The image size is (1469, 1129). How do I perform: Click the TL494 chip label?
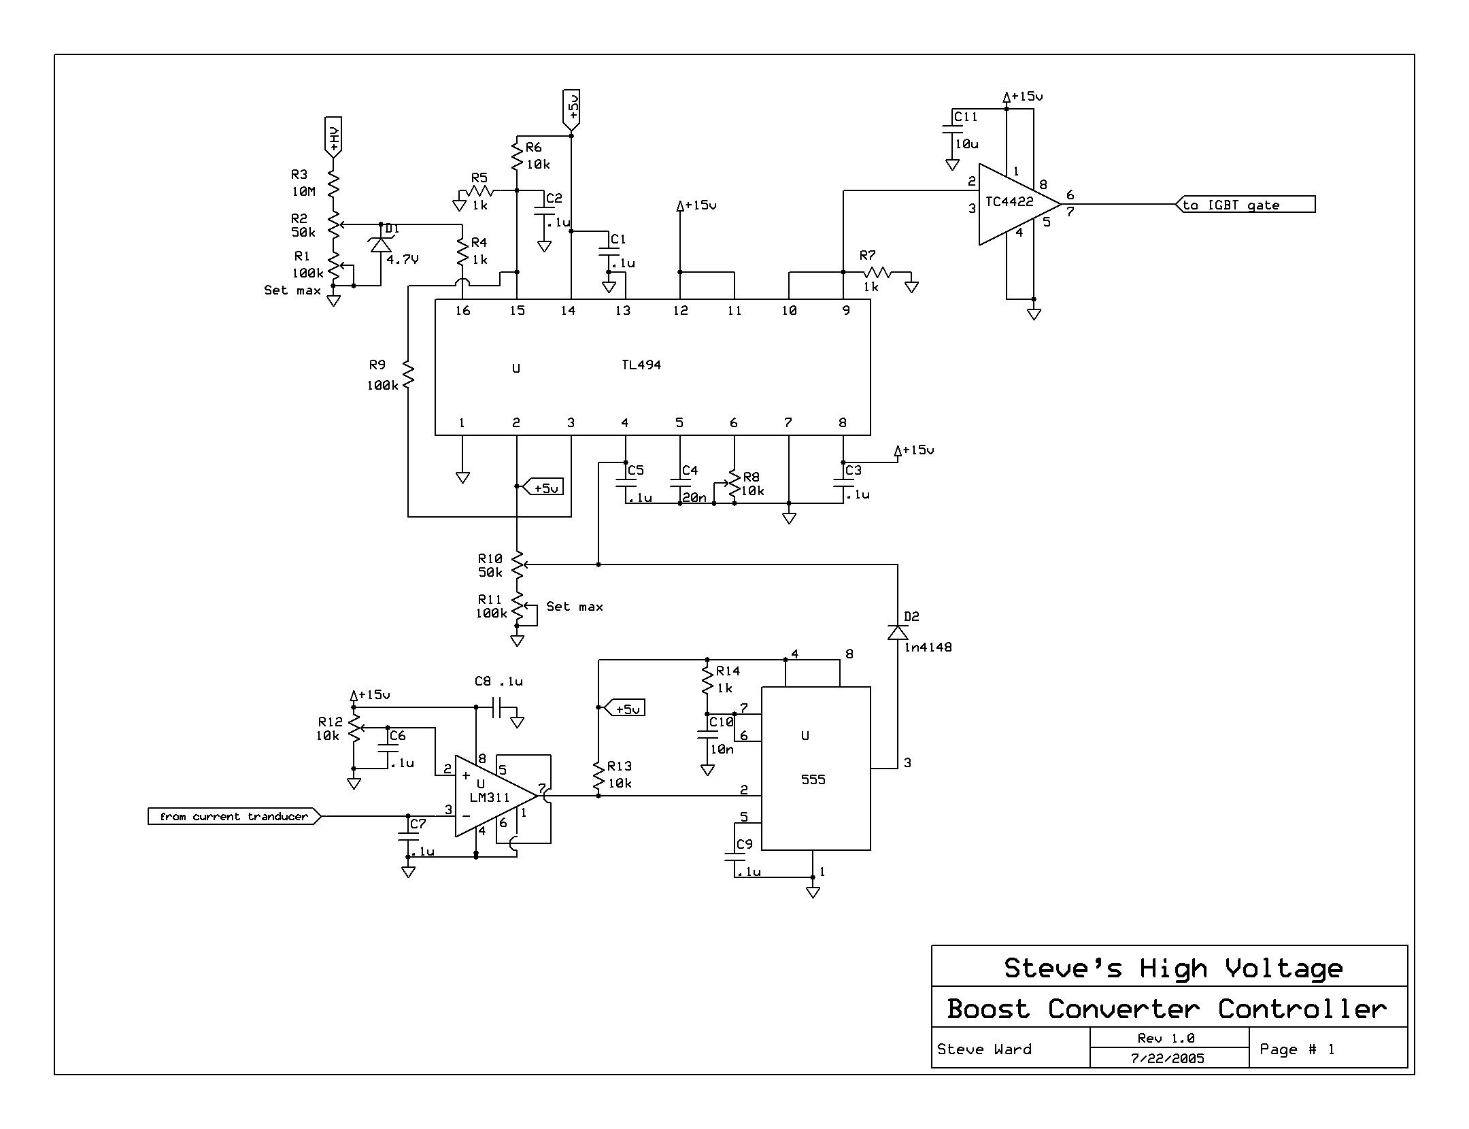(x=641, y=365)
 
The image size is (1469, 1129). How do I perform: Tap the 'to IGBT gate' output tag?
(x=1245, y=205)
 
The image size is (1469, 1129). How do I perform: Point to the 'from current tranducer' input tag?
(x=234, y=816)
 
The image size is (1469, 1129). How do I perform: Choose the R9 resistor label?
(x=377, y=365)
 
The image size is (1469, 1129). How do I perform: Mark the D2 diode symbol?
(x=898, y=633)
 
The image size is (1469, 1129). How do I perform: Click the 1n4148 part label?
(x=928, y=647)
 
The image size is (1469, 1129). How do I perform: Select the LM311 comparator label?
(x=489, y=797)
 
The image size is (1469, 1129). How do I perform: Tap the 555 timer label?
(x=813, y=779)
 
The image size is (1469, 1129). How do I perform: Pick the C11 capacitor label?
(x=966, y=117)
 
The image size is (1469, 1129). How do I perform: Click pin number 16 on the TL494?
(x=462, y=311)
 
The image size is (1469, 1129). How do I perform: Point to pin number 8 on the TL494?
(x=843, y=422)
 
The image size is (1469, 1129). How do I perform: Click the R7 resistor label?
(x=867, y=256)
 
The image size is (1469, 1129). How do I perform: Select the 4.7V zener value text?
(x=403, y=259)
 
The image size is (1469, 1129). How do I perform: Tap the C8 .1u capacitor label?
(x=499, y=681)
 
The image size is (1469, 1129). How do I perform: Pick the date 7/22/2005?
(x=1167, y=1058)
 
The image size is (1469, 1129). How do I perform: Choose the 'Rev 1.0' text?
(x=1166, y=1038)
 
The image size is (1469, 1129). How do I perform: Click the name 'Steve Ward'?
(x=984, y=1049)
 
